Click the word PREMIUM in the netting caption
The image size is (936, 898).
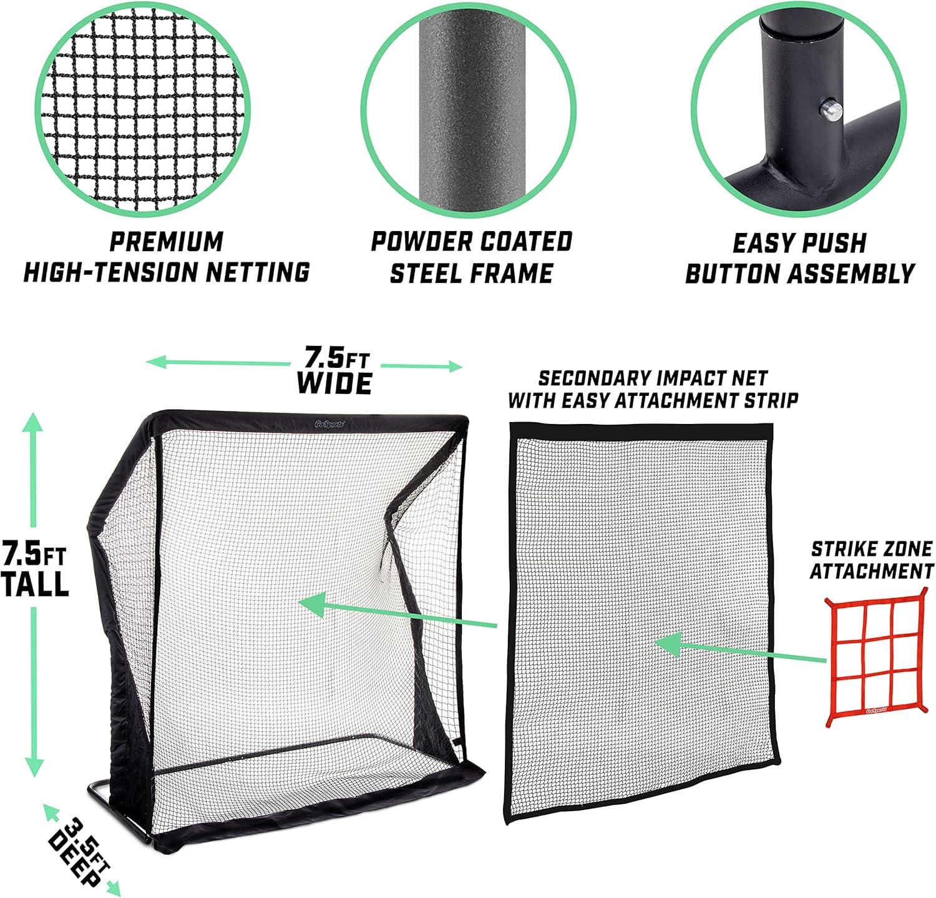(x=167, y=241)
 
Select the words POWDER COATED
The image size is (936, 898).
(x=471, y=242)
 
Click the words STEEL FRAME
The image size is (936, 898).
(x=471, y=273)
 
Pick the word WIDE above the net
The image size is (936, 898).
(x=334, y=382)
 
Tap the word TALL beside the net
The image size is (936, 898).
(x=34, y=583)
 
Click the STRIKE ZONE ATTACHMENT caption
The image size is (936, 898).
(x=872, y=560)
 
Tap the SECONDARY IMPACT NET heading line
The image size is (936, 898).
(x=652, y=378)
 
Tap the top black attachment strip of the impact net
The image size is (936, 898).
(x=641, y=430)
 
